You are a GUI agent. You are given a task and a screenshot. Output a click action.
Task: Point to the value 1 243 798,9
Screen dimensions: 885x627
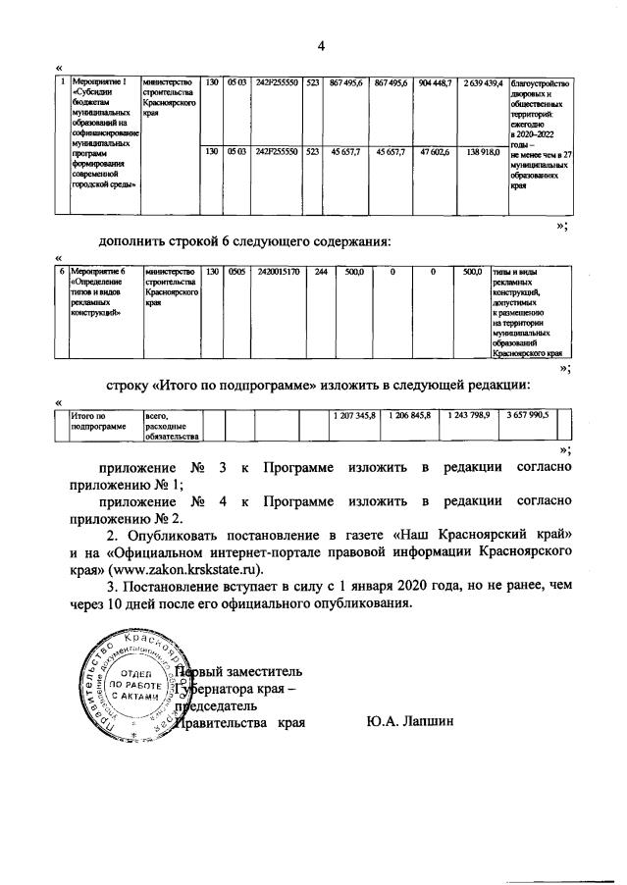tap(467, 416)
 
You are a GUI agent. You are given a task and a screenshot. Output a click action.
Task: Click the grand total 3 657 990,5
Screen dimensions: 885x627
tap(527, 416)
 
